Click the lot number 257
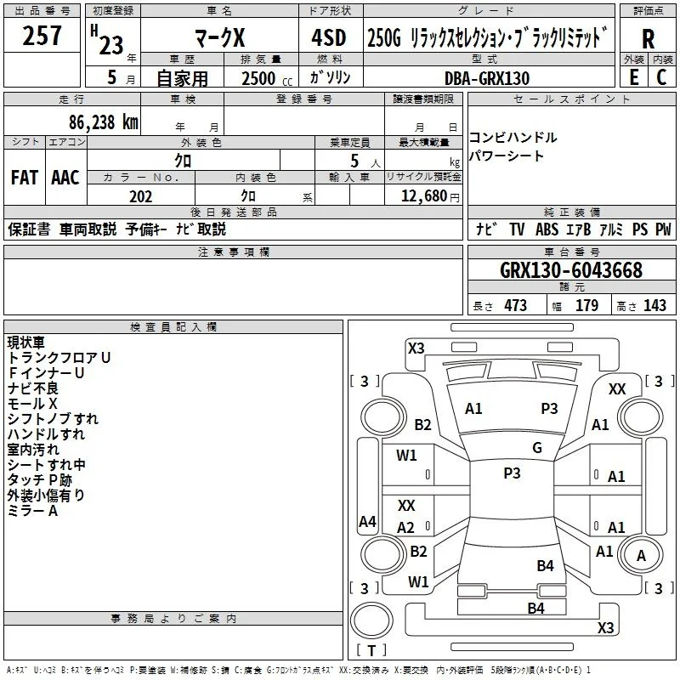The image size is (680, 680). [42, 36]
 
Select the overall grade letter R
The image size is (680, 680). [648, 39]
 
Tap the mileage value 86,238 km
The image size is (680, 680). [103, 122]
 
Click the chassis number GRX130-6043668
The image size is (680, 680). [570, 270]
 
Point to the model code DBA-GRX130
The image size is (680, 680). [487, 78]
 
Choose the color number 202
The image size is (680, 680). [140, 196]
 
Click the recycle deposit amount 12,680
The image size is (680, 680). [423, 196]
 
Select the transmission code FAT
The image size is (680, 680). [25, 178]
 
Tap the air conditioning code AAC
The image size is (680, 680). [65, 178]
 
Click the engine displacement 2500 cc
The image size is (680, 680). [267, 78]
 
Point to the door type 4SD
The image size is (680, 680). [329, 37]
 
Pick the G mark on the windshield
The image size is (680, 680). [537, 448]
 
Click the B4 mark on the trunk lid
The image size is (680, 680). [545, 565]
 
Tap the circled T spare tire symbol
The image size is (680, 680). [371, 620]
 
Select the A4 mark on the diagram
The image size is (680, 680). [367, 521]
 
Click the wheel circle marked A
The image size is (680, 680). [641, 555]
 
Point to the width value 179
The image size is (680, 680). [586, 305]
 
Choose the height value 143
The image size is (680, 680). [654, 305]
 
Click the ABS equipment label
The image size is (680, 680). [547, 229]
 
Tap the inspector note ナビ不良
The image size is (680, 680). [32, 388]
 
